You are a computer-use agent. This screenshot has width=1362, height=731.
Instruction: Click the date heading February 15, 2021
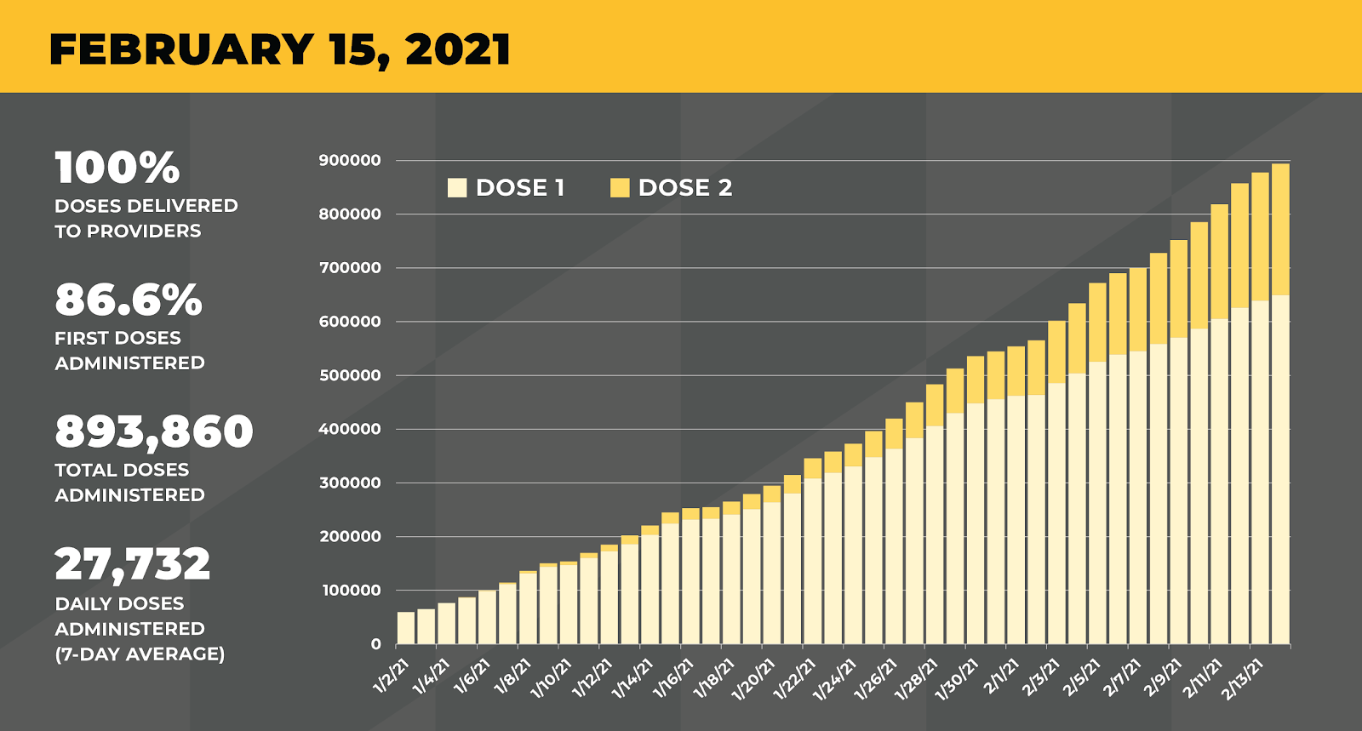tap(280, 49)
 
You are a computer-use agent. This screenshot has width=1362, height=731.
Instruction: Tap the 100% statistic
tap(117, 168)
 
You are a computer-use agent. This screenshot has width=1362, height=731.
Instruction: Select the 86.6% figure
tap(129, 300)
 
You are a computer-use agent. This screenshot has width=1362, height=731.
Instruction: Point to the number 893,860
tap(154, 431)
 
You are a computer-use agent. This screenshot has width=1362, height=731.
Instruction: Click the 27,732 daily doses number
tap(133, 563)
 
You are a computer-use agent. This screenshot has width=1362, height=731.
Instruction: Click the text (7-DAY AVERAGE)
tap(140, 654)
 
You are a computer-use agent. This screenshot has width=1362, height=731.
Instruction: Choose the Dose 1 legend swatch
tap(457, 187)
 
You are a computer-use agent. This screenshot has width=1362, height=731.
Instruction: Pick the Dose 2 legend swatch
tap(620, 187)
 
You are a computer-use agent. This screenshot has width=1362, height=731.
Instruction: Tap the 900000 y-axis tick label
tap(350, 160)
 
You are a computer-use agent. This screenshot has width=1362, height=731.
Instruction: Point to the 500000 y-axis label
tap(350, 375)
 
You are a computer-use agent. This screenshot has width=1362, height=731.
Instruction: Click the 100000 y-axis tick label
tap(350, 590)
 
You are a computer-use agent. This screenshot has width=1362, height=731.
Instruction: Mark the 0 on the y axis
tap(375, 644)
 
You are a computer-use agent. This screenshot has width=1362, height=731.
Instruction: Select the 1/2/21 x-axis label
tap(392, 677)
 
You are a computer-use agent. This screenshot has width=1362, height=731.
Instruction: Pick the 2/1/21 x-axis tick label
tap(1001, 677)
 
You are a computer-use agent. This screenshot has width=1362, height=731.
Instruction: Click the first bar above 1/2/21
tap(406, 628)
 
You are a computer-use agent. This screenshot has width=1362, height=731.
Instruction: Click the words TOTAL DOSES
tap(122, 470)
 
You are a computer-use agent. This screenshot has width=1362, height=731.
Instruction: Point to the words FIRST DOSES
tap(117, 338)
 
